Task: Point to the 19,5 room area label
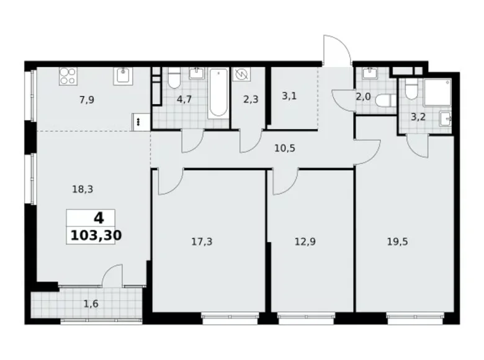tap(398, 241)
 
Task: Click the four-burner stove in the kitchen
tap(67, 76)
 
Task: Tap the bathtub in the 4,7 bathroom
tap(218, 93)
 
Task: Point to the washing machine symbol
tap(241, 74)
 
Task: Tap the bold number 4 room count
tap(98, 218)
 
